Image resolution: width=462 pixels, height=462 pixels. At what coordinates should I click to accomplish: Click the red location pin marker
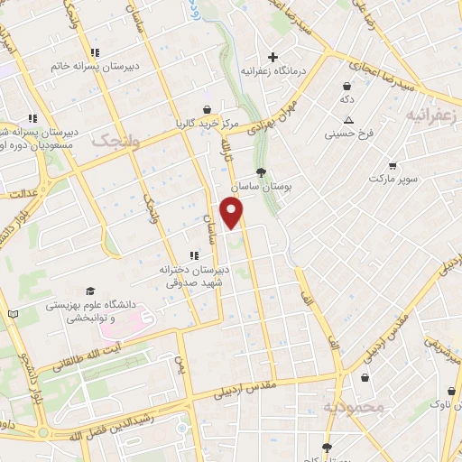233,212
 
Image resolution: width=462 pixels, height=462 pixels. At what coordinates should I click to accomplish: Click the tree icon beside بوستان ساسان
262,171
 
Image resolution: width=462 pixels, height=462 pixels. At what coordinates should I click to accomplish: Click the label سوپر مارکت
393,180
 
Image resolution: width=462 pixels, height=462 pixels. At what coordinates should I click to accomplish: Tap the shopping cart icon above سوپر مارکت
393,166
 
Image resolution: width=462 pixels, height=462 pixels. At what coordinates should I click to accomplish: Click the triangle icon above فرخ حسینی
348,121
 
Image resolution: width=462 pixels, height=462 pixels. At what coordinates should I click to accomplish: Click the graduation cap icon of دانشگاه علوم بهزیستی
89,291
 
